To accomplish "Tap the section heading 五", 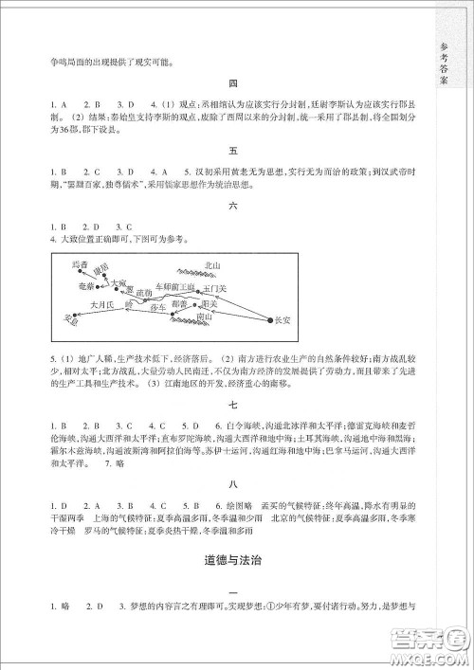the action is (x=232, y=150).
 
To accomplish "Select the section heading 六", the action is (x=232, y=206).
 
